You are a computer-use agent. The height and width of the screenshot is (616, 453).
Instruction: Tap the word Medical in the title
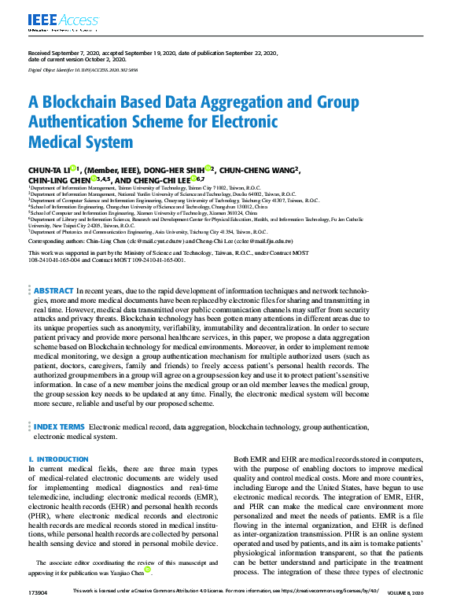(57, 142)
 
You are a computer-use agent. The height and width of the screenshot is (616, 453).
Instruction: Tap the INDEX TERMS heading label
(60, 426)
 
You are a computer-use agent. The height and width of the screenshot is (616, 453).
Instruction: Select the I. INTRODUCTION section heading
(58, 459)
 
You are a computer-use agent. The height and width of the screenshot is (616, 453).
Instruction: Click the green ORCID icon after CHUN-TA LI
(73, 168)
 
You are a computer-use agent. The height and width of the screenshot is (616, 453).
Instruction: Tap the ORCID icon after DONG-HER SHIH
(211, 168)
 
